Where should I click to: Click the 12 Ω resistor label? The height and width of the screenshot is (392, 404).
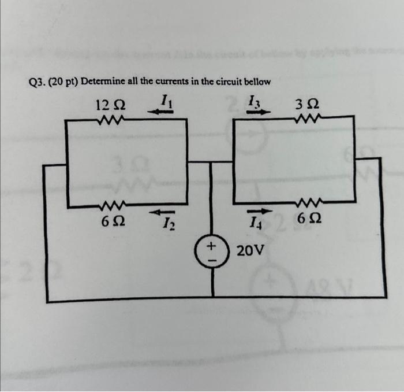(x=111, y=105)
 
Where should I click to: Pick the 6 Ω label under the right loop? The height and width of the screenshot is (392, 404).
(x=308, y=220)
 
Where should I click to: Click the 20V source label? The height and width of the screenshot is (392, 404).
(x=251, y=251)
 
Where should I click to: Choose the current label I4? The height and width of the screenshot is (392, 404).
(x=256, y=222)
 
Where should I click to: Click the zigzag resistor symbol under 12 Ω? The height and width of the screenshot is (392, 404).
(x=110, y=120)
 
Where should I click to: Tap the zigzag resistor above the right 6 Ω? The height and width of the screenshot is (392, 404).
(x=306, y=202)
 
